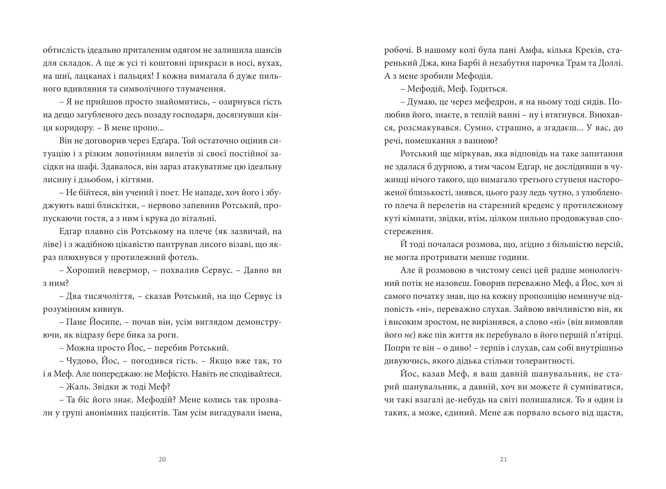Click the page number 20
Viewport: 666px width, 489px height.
162,459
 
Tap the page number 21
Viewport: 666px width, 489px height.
503,459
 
